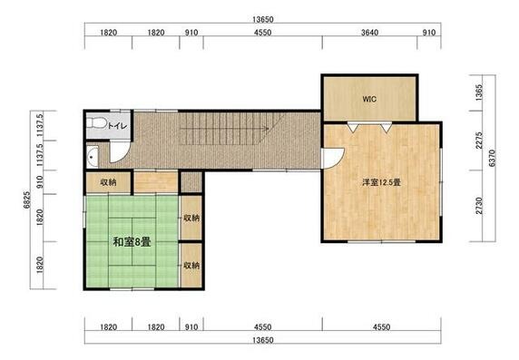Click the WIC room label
(369, 99)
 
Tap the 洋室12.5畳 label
(382, 182)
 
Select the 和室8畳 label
(132, 242)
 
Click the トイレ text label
(118, 126)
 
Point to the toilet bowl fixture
(96, 123)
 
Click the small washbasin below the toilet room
(93, 157)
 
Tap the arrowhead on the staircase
(266, 128)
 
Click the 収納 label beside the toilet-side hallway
(108, 182)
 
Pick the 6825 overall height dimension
(27, 199)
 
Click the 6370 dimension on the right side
(492, 158)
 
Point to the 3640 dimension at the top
(369, 33)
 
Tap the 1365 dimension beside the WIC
(479, 92)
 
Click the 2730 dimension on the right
(479, 206)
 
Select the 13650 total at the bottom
(263, 340)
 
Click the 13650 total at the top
(263, 20)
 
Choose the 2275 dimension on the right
(479, 141)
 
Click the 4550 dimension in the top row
(263, 33)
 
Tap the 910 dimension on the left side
(40, 181)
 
